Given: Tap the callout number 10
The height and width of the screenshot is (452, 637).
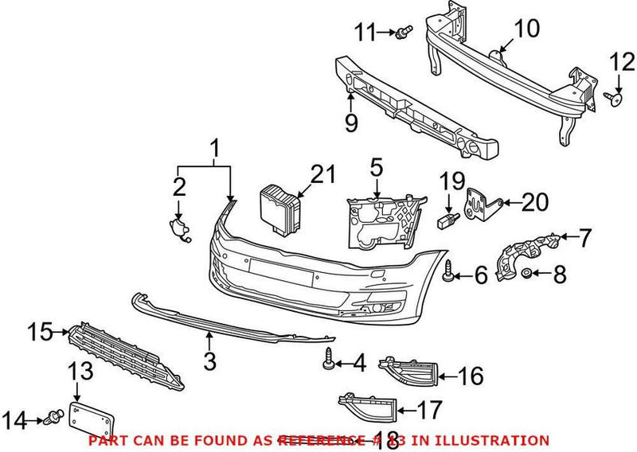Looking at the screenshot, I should (x=526, y=29).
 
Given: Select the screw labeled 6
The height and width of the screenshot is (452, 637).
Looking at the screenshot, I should (x=449, y=272).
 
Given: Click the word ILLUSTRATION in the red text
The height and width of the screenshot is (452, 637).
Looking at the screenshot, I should (x=499, y=440).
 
